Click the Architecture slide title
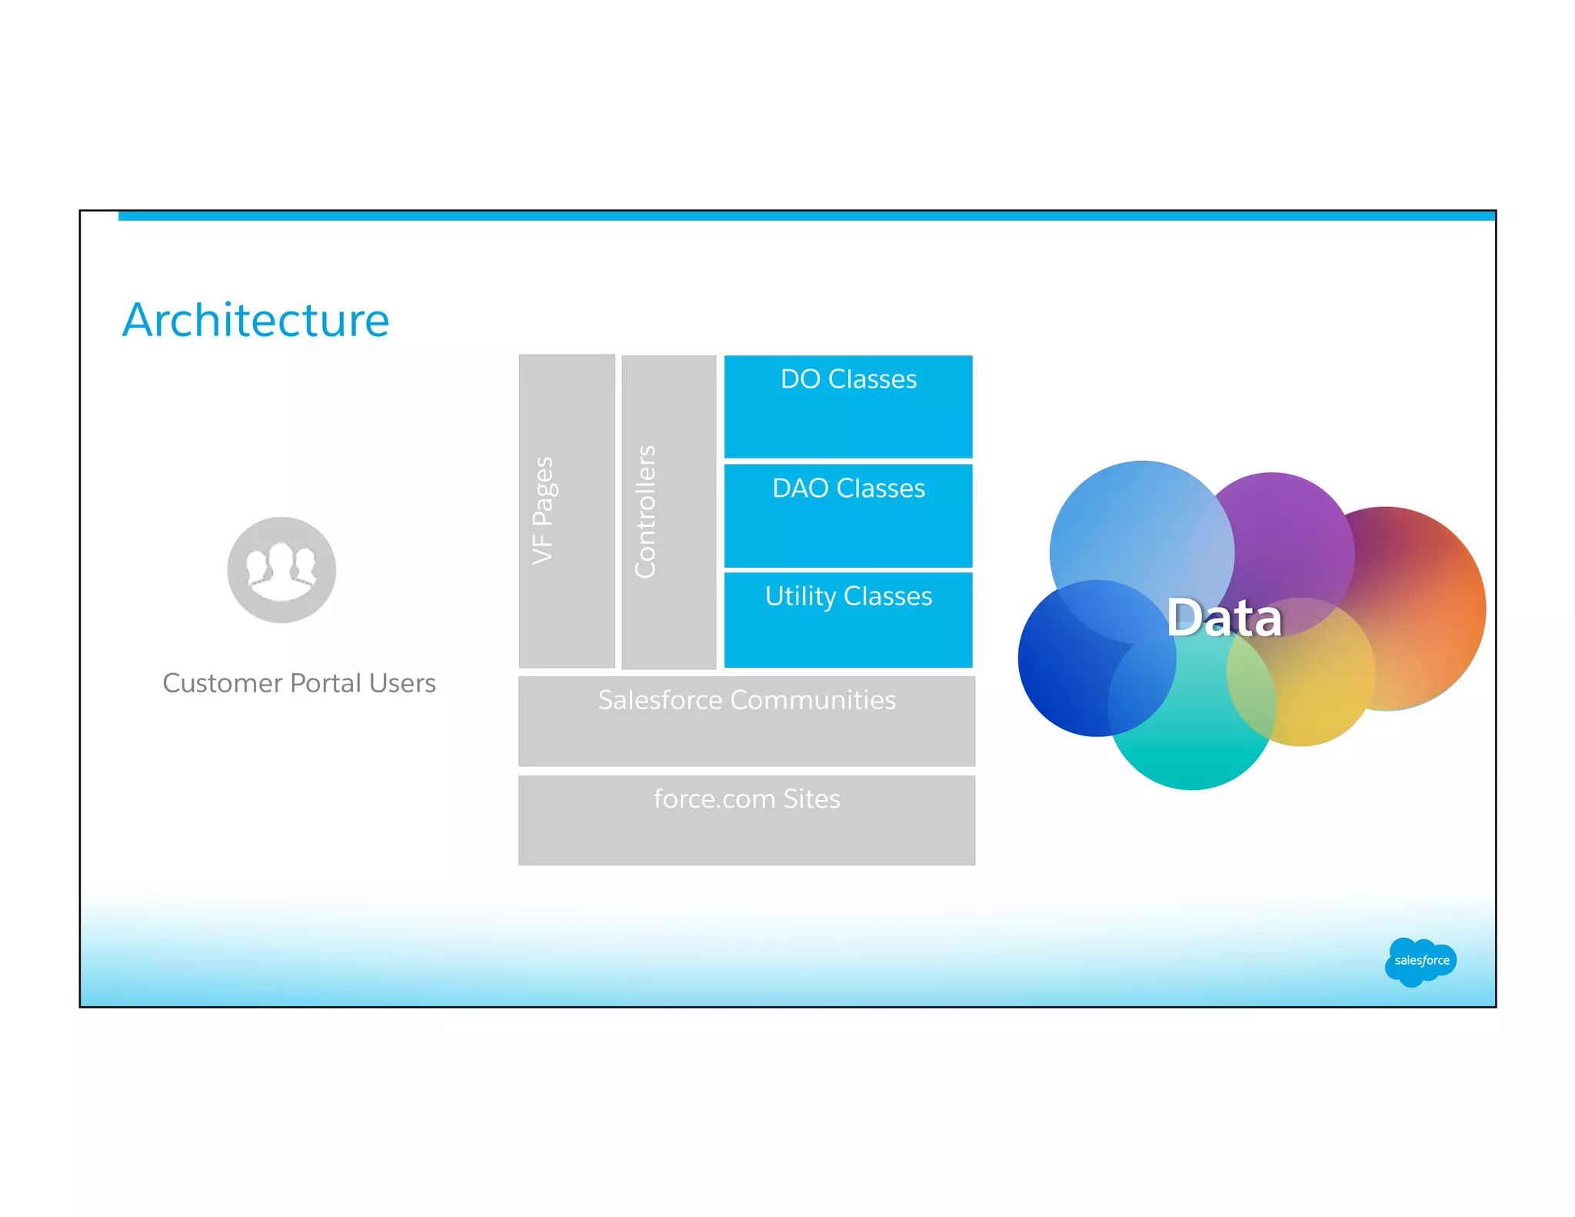pyautogui.click(x=256, y=320)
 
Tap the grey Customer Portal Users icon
pyautogui.click(x=281, y=570)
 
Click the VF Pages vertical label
pyautogui.click(x=543, y=511)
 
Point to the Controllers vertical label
pyautogui.click(x=645, y=512)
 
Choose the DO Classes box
pyautogui.click(x=848, y=406)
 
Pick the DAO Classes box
pyautogui.click(x=848, y=515)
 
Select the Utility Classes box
pyautogui.click(x=848, y=619)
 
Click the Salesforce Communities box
pyautogui.click(x=746, y=721)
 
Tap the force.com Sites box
pyautogui.click(x=746, y=820)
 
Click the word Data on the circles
pyautogui.click(x=1224, y=618)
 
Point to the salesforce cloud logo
pyautogui.click(x=1420, y=961)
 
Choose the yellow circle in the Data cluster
pyautogui.click(x=1315, y=692)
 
